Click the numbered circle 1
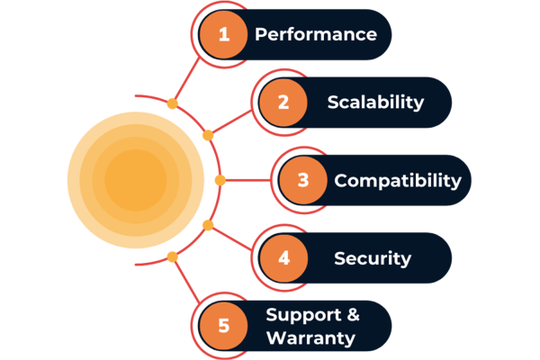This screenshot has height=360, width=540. [224, 34]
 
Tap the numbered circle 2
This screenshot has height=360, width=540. [283, 102]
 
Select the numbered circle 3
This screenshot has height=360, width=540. [303, 180]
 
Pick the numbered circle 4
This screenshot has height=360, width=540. [283, 258]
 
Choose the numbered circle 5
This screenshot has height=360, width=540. [224, 326]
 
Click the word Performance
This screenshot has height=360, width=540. [315, 35]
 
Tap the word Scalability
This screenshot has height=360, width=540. [375, 102]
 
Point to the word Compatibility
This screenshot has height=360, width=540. [397, 180]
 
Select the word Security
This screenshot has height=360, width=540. [372, 258]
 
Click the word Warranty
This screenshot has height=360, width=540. [310, 338]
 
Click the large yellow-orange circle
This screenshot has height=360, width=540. [136, 180]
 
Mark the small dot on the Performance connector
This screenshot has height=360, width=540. [172, 103]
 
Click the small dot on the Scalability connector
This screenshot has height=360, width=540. [208, 136]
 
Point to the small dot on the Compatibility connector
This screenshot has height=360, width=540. [220, 180]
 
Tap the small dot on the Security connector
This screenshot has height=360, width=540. [208, 224]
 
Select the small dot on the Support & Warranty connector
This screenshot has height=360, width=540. [172, 256]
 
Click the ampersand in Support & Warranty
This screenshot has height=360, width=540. [353, 315]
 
